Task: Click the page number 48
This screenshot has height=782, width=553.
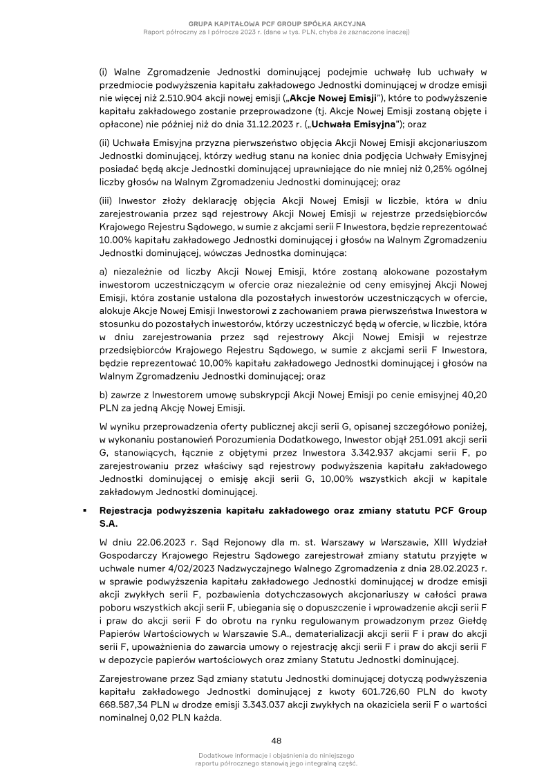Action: (x=276, y=741)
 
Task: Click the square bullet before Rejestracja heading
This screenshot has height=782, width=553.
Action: (x=84, y=511)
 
